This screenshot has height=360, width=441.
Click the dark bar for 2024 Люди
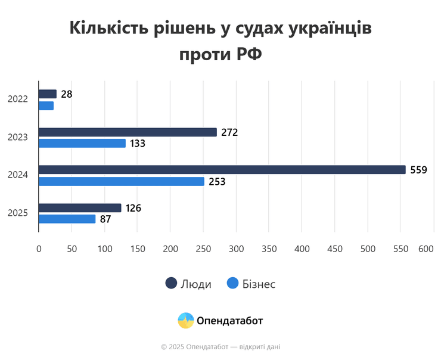coord(222,170)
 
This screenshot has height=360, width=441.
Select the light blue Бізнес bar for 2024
coord(121,181)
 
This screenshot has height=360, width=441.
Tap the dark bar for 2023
coord(128,132)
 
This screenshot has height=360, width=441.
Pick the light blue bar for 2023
coord(82,143)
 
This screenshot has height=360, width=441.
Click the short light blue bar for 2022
coord(46,105)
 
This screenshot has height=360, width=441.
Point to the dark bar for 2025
coord(80,208)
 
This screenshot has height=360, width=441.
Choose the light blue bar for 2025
coord(67,219)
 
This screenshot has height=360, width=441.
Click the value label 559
coord(418,170)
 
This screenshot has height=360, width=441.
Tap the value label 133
coord(137,143)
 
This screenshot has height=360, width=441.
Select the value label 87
coord(105,219)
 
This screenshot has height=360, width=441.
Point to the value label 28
coord(66,94)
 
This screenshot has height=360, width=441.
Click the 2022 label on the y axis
coord(18,100)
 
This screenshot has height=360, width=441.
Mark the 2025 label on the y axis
coord(18,213)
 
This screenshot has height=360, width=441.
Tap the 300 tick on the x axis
coord(237,249)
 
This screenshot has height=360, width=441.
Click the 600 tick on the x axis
coord(426,249)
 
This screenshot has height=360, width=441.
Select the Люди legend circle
coord(172,284)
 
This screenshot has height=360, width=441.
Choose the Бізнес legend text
coord(259,284)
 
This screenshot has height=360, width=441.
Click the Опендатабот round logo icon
coord(186,321)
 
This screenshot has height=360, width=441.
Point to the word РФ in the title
coord(249,55)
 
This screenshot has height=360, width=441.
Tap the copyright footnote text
coord(220,346)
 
